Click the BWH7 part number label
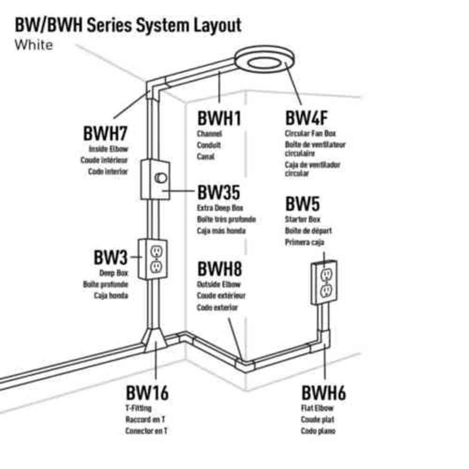click(105, 133)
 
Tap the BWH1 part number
click(219, 118)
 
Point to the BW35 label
click(219, 192)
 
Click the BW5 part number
click(303, 204)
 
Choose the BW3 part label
click(111, 257)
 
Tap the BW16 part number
click(147, 393)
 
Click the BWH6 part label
click(324, 393)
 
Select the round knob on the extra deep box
click(161, 178)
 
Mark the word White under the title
click(34, 45)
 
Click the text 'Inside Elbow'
click(108, 149)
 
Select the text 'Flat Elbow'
click(317, 408)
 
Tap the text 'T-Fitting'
click(138, 408)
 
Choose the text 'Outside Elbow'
click(219, 284)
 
